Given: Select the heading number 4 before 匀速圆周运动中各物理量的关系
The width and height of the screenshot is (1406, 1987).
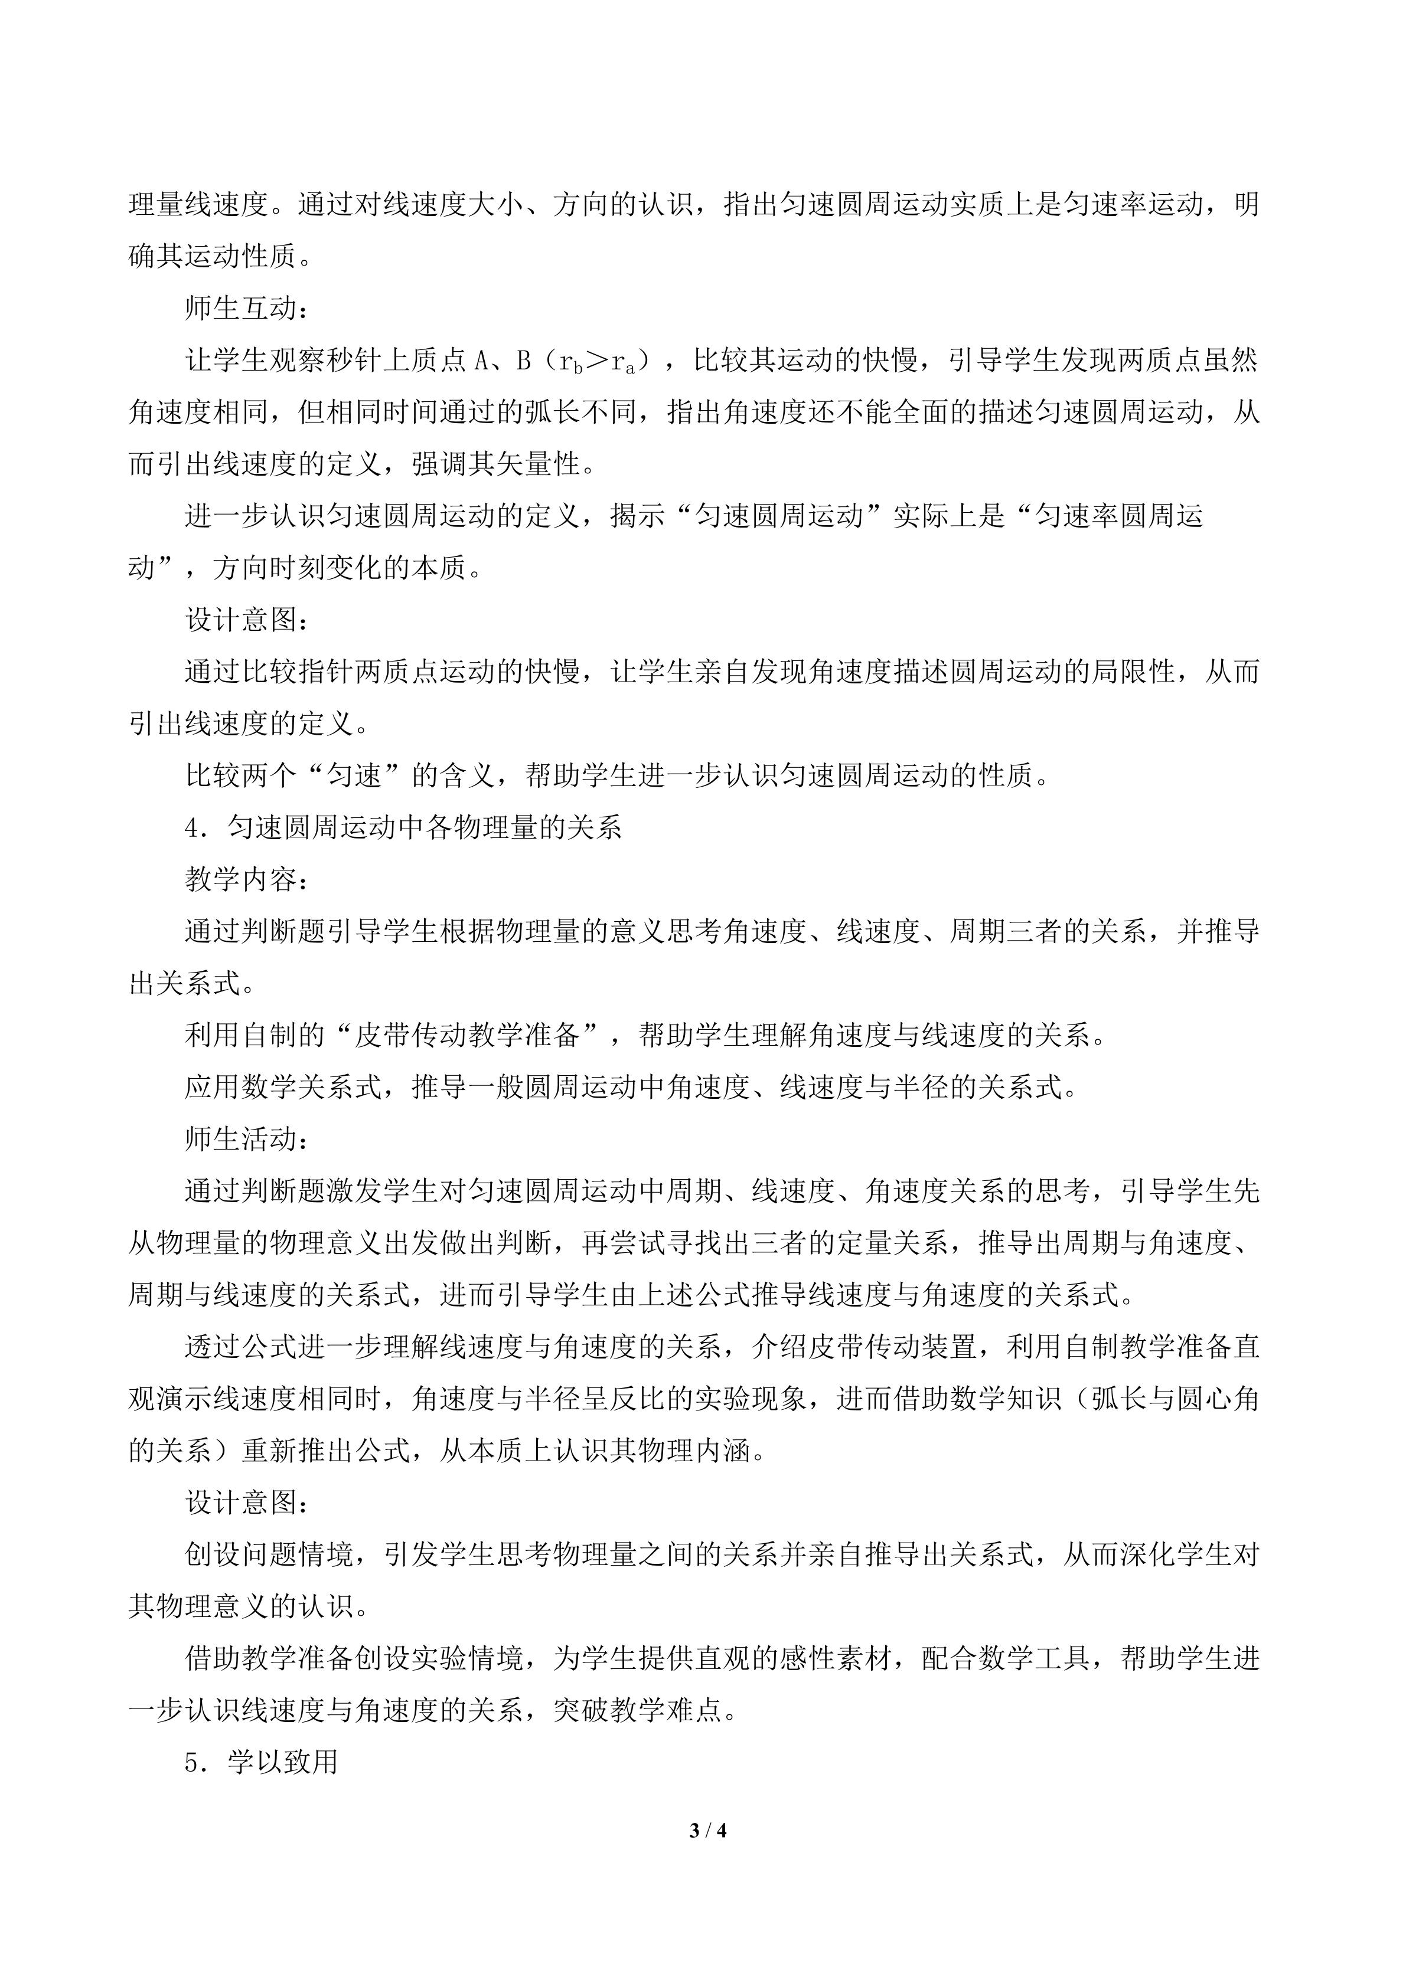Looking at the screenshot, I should (x=191, y=828).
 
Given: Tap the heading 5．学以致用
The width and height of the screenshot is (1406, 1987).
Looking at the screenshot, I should (x=262, y=1762).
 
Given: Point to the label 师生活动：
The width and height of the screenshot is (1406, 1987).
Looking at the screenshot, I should (x=246, y=1140).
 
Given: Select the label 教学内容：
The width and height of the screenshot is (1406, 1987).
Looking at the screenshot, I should (x=246, y=880).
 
